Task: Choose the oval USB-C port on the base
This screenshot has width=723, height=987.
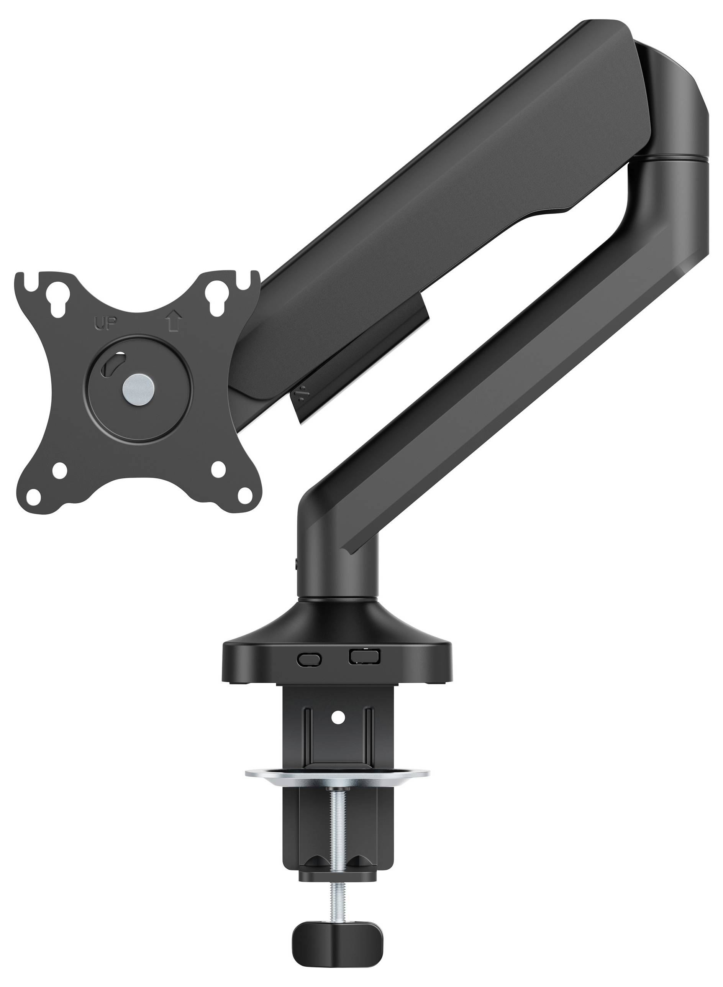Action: point(309,658)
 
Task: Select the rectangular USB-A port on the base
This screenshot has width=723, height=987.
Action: point(364,656)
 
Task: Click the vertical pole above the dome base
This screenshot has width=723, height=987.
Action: point(337,569)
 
